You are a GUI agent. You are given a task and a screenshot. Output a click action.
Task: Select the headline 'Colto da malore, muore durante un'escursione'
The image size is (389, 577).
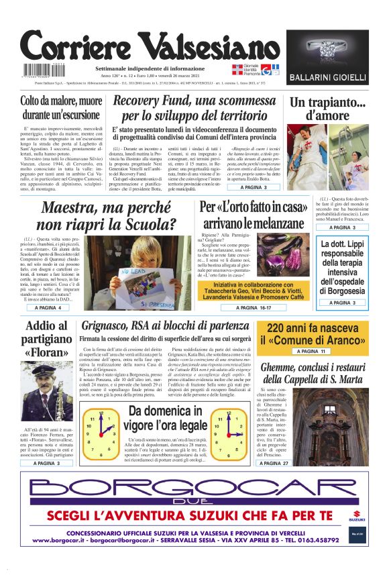click(x=61, y=108)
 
